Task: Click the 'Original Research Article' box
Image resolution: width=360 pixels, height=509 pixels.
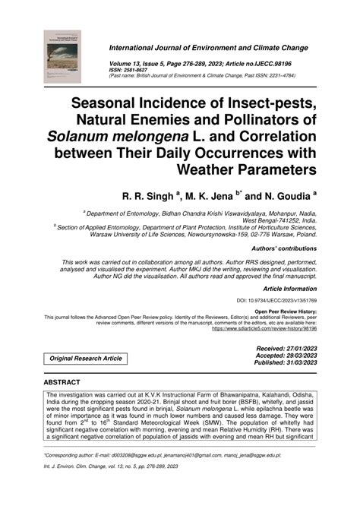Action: click(85, 357)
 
